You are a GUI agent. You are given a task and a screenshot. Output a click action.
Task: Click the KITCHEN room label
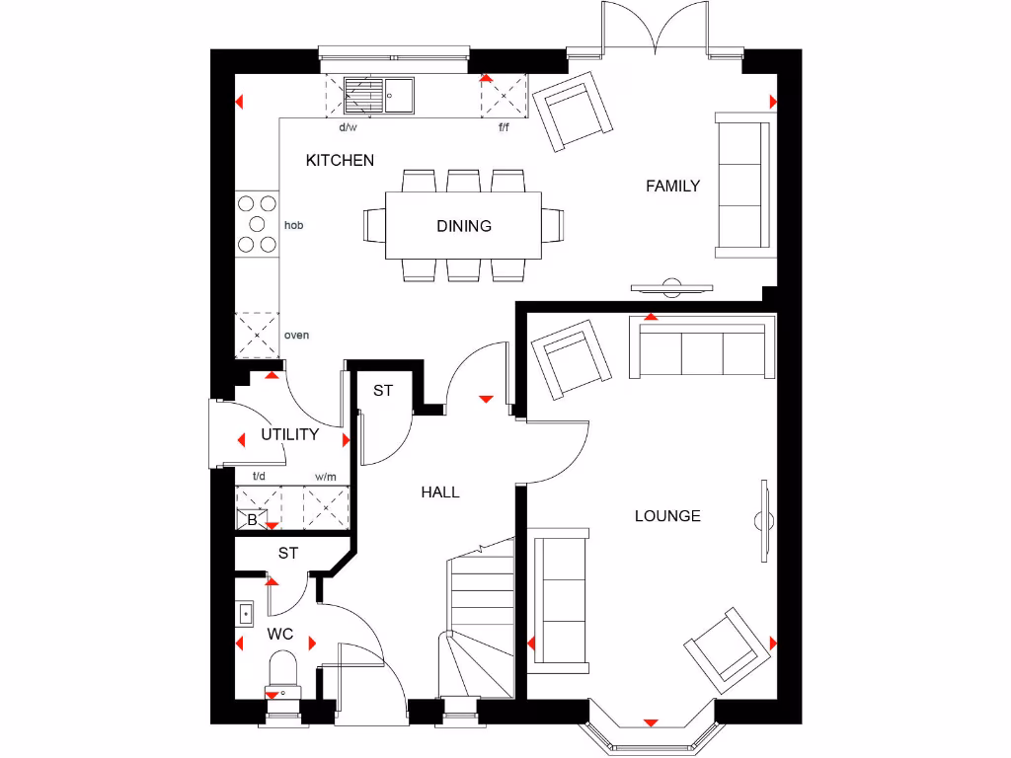click(340, 160)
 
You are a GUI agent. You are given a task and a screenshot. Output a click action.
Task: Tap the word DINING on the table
click(464, 226)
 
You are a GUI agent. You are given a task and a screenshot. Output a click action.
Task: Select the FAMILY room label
click(672, 186)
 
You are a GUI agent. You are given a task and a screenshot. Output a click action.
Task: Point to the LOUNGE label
click(667, 515)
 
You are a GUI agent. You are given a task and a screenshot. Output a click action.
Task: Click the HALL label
click(440, 492)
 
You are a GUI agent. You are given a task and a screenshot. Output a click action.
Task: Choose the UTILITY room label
click(290, 434)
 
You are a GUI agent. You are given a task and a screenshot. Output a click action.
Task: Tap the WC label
click(280, 634)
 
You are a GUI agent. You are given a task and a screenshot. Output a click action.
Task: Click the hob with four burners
click(257, 224)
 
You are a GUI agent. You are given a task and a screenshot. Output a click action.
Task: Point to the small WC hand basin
click(245, 613)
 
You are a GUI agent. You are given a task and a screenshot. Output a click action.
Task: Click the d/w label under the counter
click(348, 127)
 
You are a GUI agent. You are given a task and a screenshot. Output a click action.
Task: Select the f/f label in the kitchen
click(504, 127)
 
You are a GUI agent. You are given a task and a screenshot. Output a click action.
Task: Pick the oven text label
click(296, 336)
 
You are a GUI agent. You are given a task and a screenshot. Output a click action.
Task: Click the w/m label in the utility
click(326, 477)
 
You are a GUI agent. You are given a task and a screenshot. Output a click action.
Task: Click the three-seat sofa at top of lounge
click(703, 350)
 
